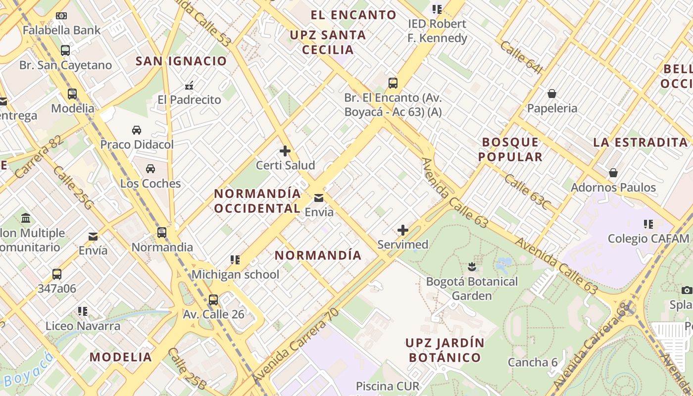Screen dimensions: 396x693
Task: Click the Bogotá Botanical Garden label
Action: coord(472,289)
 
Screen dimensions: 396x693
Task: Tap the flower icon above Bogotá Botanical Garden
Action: coord(472,267)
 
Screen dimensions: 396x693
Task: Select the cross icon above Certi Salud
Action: coord(285,151)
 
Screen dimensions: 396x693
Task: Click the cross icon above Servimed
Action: coord(403,230)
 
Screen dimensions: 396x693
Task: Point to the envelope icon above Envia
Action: coord(319,198)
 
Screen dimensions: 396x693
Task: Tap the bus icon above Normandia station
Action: coord(162,233)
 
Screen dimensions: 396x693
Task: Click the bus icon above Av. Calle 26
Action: coord(213,299)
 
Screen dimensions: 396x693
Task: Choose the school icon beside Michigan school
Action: coord(235,260)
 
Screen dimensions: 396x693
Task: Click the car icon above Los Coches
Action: coord(150,169)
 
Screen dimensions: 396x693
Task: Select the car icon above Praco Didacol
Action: coord(137,130)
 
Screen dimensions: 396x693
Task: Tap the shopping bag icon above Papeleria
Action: coord(551,94)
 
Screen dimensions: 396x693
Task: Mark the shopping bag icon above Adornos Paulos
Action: coord(613,173)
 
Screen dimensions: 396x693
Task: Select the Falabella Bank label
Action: coord(61,30)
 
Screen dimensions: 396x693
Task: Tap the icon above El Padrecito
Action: coord(189,86)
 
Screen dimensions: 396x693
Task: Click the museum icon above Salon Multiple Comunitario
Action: coord(26,218)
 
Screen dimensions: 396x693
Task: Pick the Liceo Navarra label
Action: coord(83,326)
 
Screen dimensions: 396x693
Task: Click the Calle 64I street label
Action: coord(521,57)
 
